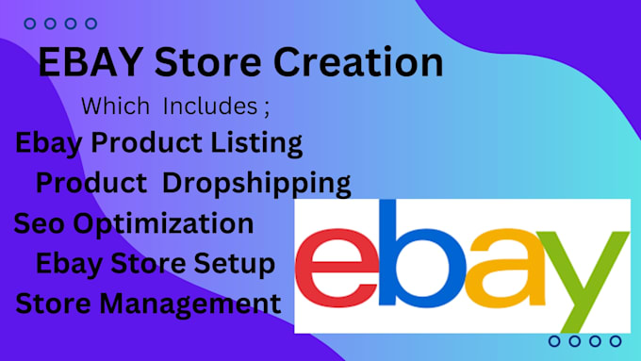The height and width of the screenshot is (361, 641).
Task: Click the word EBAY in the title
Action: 90,61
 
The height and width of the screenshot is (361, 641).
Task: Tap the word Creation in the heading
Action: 358,61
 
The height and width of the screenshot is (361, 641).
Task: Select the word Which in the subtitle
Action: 115,106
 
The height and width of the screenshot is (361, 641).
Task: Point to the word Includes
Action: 210,106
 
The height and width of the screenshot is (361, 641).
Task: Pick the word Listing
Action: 256,143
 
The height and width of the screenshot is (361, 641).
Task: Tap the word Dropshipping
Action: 256,183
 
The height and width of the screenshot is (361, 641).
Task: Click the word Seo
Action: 40,223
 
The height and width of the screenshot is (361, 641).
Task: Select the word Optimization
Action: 163,224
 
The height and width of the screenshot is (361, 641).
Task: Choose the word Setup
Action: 234,264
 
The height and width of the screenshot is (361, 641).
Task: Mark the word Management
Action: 190,304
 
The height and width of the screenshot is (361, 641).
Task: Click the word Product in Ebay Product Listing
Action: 146,142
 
